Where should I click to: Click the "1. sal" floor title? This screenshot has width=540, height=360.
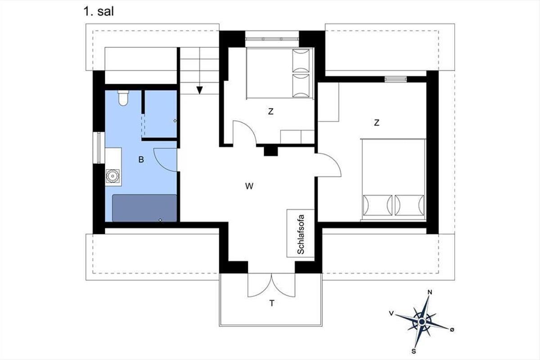(99, 12)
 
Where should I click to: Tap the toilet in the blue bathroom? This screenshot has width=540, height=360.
(123, 98)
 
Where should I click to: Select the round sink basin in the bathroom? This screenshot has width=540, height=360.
(112, 176)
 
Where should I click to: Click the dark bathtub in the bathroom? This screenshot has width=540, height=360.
(144, 208)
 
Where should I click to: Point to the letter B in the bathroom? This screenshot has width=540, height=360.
(141, 159)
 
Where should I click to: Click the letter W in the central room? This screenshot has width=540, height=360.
(249, 186)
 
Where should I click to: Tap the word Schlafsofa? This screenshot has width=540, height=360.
(301, 234)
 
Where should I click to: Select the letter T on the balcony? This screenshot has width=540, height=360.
(272, 303)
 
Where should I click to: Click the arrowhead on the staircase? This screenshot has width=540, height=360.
(199, 90)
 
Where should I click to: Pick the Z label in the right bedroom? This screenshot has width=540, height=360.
(377, 123)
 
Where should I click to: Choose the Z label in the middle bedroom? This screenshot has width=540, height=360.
(271, 112)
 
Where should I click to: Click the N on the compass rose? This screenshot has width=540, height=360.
(430, 292)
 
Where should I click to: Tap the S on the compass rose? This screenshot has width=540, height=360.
(414, 351)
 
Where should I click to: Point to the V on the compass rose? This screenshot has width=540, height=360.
(391, 313)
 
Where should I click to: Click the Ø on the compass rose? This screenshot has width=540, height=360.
(452, 329)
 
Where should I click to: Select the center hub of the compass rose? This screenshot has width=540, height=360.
(422, 321)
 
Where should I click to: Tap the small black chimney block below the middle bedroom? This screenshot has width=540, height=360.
(271, 151)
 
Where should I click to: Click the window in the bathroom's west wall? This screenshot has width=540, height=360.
(99, 148)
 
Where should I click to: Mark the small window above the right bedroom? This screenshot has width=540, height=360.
(396, 79)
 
